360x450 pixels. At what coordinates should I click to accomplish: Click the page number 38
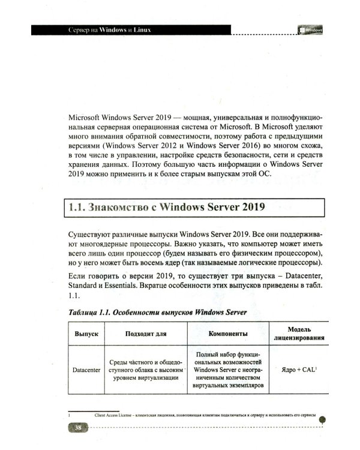point(78,427)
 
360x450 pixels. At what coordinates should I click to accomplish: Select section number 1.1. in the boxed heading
point(77,209)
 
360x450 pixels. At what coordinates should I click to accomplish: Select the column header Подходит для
point(146,333)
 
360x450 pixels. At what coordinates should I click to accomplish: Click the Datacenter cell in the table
point(83,370)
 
